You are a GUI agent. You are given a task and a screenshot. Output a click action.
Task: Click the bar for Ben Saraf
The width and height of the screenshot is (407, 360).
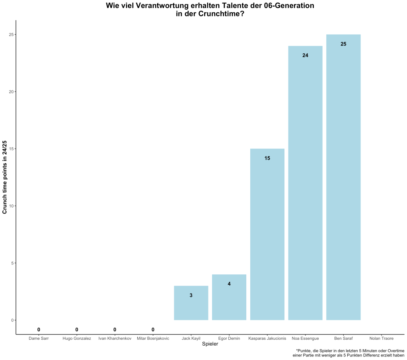343,177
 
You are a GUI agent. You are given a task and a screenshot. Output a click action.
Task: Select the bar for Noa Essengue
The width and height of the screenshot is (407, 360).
305,183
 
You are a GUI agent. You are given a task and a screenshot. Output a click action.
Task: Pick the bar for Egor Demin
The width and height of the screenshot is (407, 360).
229,297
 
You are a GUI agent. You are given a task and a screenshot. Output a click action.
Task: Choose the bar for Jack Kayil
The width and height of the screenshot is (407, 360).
191,303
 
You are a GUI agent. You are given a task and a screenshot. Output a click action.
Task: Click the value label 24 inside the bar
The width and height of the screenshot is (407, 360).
305,55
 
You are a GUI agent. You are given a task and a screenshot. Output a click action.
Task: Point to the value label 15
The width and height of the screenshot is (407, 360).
267,158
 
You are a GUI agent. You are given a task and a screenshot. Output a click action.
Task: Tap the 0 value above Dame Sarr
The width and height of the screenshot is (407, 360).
39,330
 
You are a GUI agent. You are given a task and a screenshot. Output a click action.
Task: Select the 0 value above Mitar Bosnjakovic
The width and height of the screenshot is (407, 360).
153,330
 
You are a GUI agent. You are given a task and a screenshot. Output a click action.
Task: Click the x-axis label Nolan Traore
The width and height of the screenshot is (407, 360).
381,338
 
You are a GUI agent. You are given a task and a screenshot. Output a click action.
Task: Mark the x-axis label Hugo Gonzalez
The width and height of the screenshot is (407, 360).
77,338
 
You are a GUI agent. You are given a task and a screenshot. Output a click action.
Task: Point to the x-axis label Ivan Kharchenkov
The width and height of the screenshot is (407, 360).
115,338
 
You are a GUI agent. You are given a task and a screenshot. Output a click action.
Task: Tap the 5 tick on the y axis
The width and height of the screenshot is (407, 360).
12,263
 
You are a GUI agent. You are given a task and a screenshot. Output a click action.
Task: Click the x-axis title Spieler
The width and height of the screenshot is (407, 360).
210,344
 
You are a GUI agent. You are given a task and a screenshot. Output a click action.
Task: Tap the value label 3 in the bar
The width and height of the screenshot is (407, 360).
191,295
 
